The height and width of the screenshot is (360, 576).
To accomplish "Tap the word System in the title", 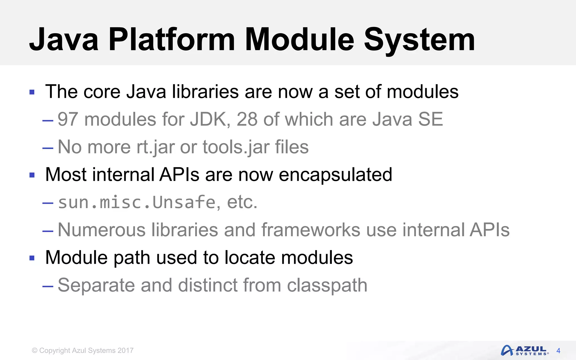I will (x=419, y=40).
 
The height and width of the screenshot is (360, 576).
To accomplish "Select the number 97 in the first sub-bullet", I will (x=67, y=119).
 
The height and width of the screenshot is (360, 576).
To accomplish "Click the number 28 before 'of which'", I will (x=247, y=119).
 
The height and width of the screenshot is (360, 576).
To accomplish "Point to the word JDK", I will (x=208, y=119).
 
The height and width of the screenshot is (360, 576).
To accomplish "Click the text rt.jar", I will (x=155, y=147).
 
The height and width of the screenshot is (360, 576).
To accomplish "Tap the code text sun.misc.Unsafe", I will (x=136, y=202).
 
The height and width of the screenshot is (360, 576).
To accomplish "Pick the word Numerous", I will (x=102, y=230).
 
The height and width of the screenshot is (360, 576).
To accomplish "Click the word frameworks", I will (x=311, y=230).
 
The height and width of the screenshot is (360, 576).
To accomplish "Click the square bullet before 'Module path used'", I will (x=32, y=258).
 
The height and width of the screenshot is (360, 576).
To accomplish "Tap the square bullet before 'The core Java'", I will (x=32, y=92).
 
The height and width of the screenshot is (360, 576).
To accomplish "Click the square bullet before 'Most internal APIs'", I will (x=32, y=175).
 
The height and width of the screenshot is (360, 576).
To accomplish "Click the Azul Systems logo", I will (x=524, y=351).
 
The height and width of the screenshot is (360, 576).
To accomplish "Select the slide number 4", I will (x=558, y=351).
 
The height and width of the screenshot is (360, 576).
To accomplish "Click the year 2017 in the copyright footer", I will (x=125, y=350).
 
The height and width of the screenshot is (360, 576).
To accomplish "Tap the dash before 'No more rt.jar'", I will (x=48, y=148).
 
